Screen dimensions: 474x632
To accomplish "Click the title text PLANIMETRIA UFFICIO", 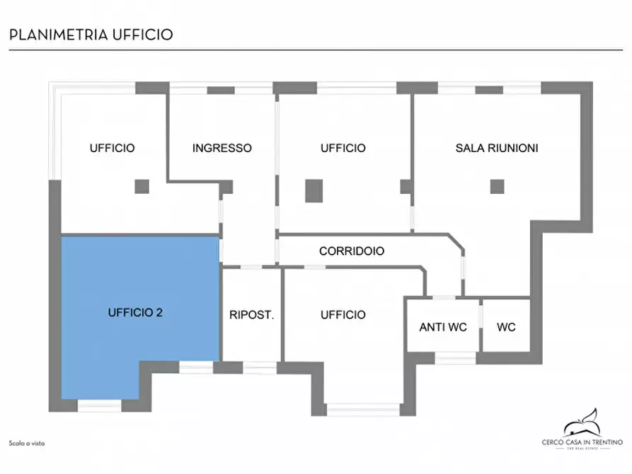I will pyautogui.click(x=91, y=35).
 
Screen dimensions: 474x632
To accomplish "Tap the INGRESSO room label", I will pyautogui.click(x=222, y=149).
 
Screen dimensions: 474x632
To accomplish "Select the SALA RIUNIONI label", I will pyautogui.click(x=497, y=149).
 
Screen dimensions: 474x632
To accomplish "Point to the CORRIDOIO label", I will pyautogui.click(x=352, y=251).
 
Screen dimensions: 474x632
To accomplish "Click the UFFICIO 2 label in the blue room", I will pyautogui.click(x=136, y=312).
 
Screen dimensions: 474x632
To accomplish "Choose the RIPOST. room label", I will pyautogui.click(x=251, y=315).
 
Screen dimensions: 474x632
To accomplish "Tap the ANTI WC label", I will pyautogui.click(x=443, y=328).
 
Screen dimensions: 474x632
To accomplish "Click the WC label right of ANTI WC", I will pyautogui.click(x=506, y=328).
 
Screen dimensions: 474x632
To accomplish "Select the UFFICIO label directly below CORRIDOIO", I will pyautogui.click(x=343, y=315).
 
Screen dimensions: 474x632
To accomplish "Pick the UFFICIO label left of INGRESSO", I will pyautogui.click(x=112, y=149).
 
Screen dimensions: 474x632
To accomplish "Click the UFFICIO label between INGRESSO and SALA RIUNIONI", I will pyautogui.click(x=343, y=149).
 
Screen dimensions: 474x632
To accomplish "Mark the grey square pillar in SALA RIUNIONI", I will pyautogui.click(x=497, y=187).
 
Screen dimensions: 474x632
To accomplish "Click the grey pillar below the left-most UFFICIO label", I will pyautogui.click(x=142, y=187).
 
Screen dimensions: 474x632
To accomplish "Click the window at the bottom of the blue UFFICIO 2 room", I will pyautogui.click(x=99, y=406).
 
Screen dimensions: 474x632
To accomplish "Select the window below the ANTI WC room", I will pyautogui.click(x=455, y=358).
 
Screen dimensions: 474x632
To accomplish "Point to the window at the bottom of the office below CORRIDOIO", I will pyautogui.click(x=362, y=410).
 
